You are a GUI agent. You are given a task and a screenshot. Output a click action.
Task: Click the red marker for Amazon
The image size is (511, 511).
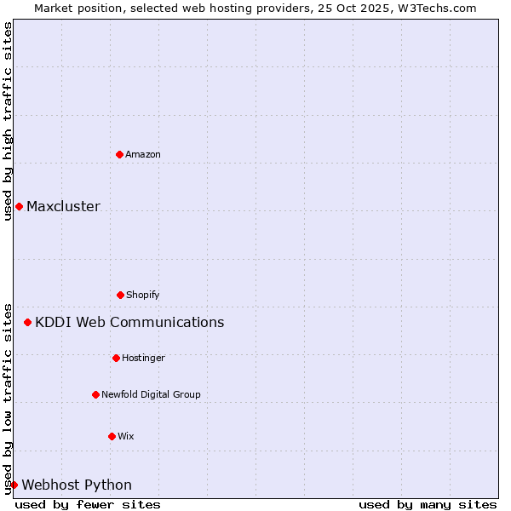[119, 154]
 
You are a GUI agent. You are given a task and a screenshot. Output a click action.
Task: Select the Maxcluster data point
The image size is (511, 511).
[19, 206]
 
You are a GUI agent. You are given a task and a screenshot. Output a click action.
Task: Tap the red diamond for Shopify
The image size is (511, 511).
[120, 295]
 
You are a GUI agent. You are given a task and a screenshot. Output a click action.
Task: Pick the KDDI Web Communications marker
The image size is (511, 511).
[27, 322]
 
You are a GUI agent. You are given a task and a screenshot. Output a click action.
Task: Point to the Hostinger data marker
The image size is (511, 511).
[116, 358]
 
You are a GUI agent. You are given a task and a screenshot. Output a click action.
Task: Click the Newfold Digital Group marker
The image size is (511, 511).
[95, 394]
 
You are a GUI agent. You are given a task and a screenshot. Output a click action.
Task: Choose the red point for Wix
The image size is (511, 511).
[112, 436]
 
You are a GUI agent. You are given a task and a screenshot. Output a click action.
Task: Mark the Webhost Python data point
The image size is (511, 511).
[14, 485]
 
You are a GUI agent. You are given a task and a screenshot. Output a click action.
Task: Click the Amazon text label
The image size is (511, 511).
[143, 154]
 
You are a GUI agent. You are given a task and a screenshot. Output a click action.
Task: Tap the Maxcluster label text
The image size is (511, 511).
[63, 206]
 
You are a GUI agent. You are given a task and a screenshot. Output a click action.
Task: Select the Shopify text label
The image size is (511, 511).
[143, 295]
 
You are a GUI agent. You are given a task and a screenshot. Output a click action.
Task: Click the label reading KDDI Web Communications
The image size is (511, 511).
[129, 322]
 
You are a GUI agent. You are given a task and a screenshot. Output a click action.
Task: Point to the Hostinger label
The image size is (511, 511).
[143, 358]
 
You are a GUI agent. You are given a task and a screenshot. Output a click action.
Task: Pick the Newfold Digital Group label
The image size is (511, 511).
[151, 394]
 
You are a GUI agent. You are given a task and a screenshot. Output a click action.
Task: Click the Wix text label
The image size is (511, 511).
[126, 436]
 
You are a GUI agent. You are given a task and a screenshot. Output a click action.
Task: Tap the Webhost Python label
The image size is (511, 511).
[77, 485]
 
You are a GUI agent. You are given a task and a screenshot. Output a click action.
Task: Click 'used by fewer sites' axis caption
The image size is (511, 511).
[88, 504]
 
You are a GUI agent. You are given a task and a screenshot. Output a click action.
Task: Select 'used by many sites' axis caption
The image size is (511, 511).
[428, 504]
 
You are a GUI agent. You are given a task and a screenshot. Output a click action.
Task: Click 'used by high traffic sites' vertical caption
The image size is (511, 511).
[8, 121]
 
